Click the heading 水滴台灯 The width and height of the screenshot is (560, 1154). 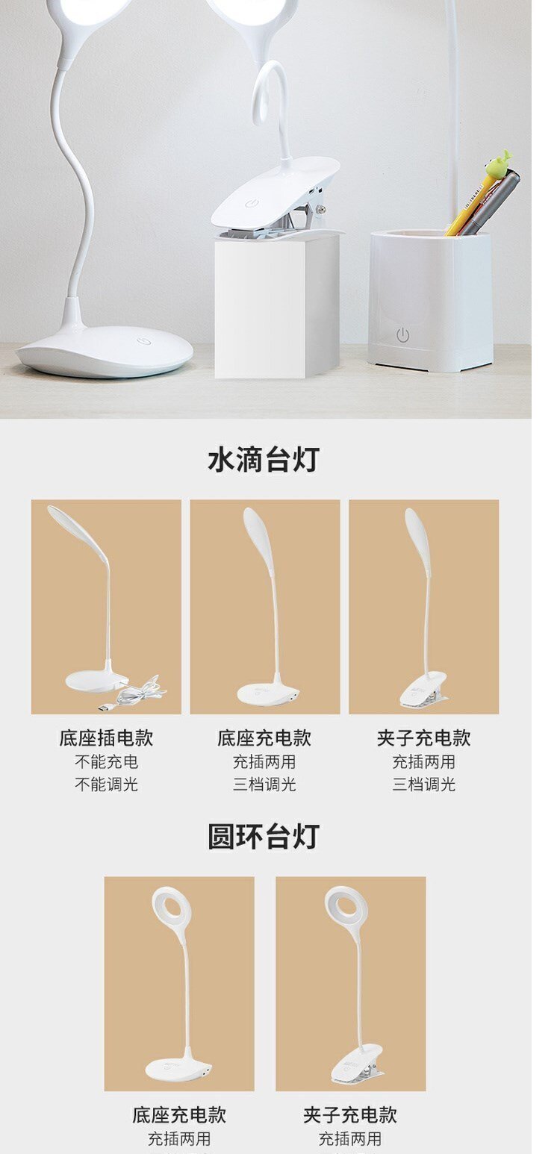coord(264,460)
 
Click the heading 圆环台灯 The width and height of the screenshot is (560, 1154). coord(264,836)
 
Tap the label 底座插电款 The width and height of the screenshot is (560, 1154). coord(106,737)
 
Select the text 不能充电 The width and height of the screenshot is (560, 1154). coord(106,761)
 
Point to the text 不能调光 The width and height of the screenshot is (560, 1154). coord(106,784)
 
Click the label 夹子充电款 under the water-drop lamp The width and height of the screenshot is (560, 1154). coord(423,737)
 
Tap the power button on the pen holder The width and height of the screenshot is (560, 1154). coord(403,335)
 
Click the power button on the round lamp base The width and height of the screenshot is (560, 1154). coord(143,341)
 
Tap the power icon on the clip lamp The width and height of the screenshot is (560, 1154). coord(251,204)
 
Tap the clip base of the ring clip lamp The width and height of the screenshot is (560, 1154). coord(356,1062)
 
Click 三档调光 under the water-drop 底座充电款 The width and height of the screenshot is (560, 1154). coord(264,784)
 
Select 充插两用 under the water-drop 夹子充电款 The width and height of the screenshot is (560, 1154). coord(423,761)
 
